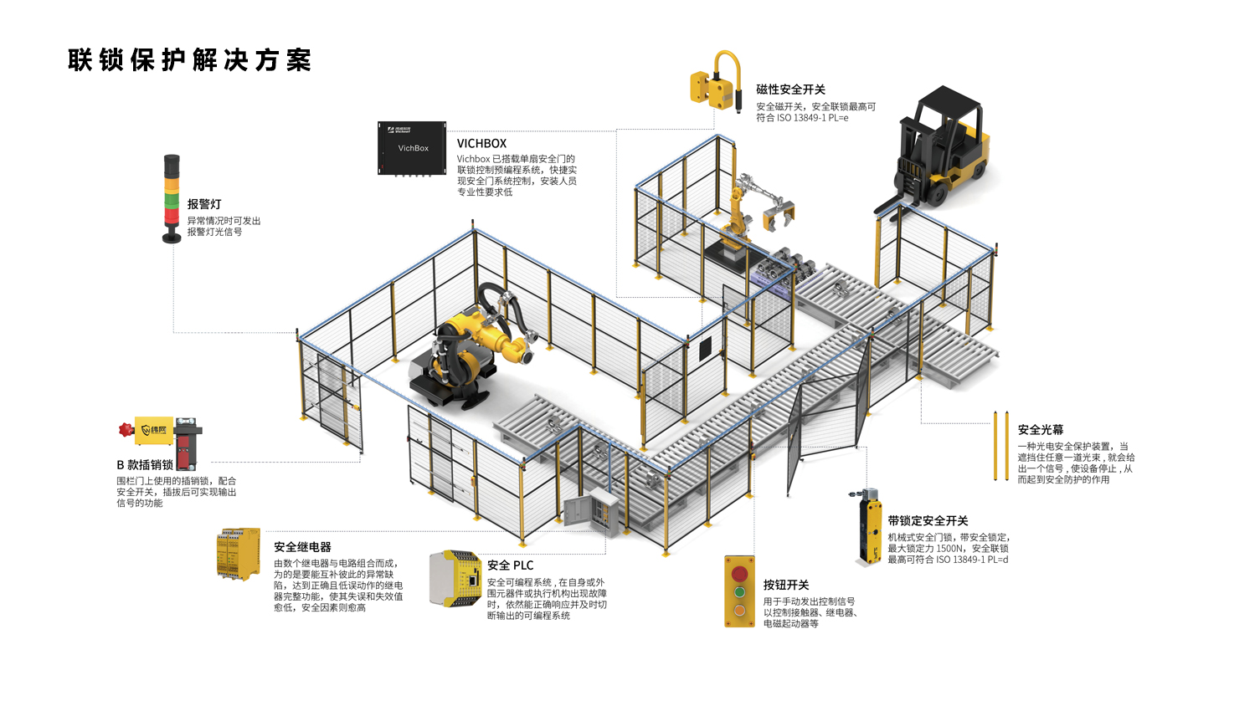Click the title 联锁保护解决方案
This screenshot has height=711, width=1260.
coord(189,60)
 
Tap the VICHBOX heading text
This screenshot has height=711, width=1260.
coord(481,144)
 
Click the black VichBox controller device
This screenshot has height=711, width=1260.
coord(412,148)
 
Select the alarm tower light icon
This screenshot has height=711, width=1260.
coord(172,198)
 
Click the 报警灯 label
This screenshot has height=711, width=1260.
coord(204,204)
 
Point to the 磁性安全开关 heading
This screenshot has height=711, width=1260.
coord(790,90)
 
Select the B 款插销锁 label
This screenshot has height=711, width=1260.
coord(145,465)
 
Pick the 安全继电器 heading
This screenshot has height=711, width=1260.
coord(302,547)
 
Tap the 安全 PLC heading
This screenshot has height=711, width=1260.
coord(510,565)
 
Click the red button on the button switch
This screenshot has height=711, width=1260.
coord(739,574)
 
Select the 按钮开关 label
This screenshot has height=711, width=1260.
coord(785,585)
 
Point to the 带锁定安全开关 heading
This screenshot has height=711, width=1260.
coord(928,520)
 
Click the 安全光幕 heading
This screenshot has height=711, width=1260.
coord(1040,430)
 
